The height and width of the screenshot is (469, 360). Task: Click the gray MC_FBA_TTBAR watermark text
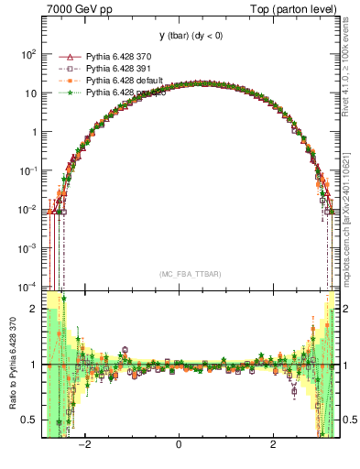tap(190, 274)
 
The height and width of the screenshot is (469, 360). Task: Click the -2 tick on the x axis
tap(85, 445)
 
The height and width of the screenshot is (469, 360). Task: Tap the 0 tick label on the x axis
tap(180, 445)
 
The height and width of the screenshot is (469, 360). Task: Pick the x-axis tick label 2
tap(273, 445)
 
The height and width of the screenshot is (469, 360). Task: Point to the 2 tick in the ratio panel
tap(34, 309)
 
